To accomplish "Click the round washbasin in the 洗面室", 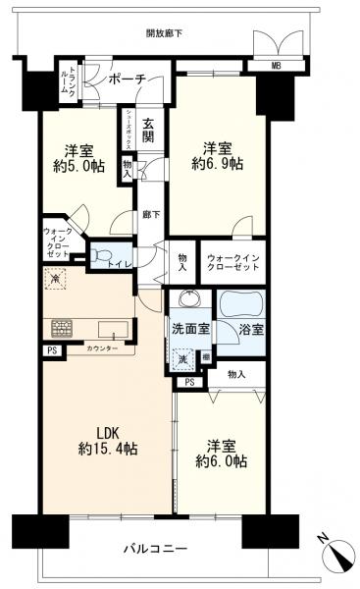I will click(189, 300).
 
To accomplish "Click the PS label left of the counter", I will click(50, 350).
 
